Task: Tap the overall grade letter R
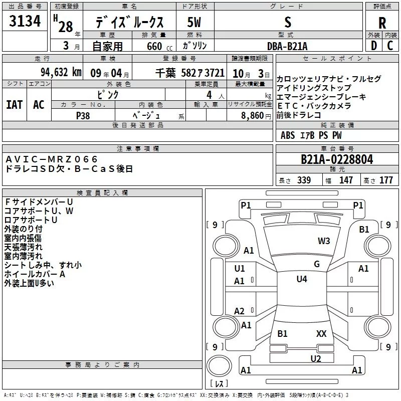point(382,23)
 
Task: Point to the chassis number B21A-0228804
point(337,159)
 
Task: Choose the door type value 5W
point(195,22)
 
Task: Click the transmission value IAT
point(15,105)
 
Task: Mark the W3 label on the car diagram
point(324,241)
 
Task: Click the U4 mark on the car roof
point(301,279)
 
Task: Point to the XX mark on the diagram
point(321,333)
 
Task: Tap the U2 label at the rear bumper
point(315,358)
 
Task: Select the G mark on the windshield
point(316,264)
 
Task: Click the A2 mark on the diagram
point(240,311)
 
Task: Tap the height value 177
point(386,180)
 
